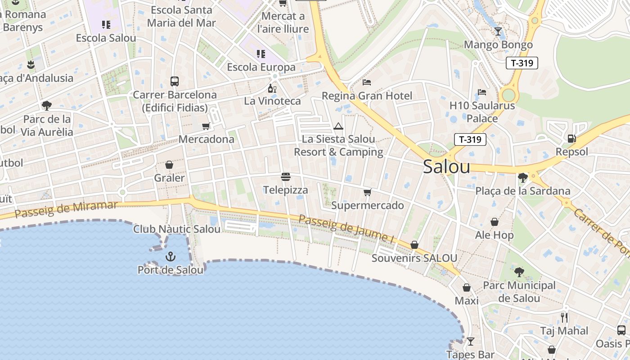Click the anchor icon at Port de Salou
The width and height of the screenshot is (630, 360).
tap(170, 256)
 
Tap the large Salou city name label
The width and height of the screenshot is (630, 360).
tap(446, 167)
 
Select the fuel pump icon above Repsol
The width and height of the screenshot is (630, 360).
tap(571, 139)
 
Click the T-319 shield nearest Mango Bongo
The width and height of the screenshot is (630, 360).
tap(522, 63)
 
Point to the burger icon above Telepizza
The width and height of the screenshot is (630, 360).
tap(286, 177)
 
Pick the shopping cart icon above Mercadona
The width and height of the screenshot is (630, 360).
tap(206, 126)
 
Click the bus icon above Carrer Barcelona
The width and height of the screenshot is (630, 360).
tap(175, 81)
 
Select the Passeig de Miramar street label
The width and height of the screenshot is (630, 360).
tap(66, 209)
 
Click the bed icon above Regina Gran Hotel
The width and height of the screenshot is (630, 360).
tap(367, 82)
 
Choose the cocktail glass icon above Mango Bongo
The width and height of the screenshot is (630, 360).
tap(498, 31)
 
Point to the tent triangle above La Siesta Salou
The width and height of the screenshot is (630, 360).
tap(338, 126)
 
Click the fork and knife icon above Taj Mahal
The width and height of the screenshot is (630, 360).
tap(564, 318)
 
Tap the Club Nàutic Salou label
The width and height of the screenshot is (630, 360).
tap(177, 229)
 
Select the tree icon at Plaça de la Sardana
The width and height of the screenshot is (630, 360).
tap(522, 178)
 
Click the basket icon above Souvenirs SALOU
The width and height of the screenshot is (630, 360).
tap(414, 245)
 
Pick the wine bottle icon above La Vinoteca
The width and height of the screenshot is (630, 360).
tap(272, 88)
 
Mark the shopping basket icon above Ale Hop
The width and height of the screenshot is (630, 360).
tap(494, 222)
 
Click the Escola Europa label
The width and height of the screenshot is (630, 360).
tap(261, 67)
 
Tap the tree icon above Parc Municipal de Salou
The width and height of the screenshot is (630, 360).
tap(519, 272)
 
